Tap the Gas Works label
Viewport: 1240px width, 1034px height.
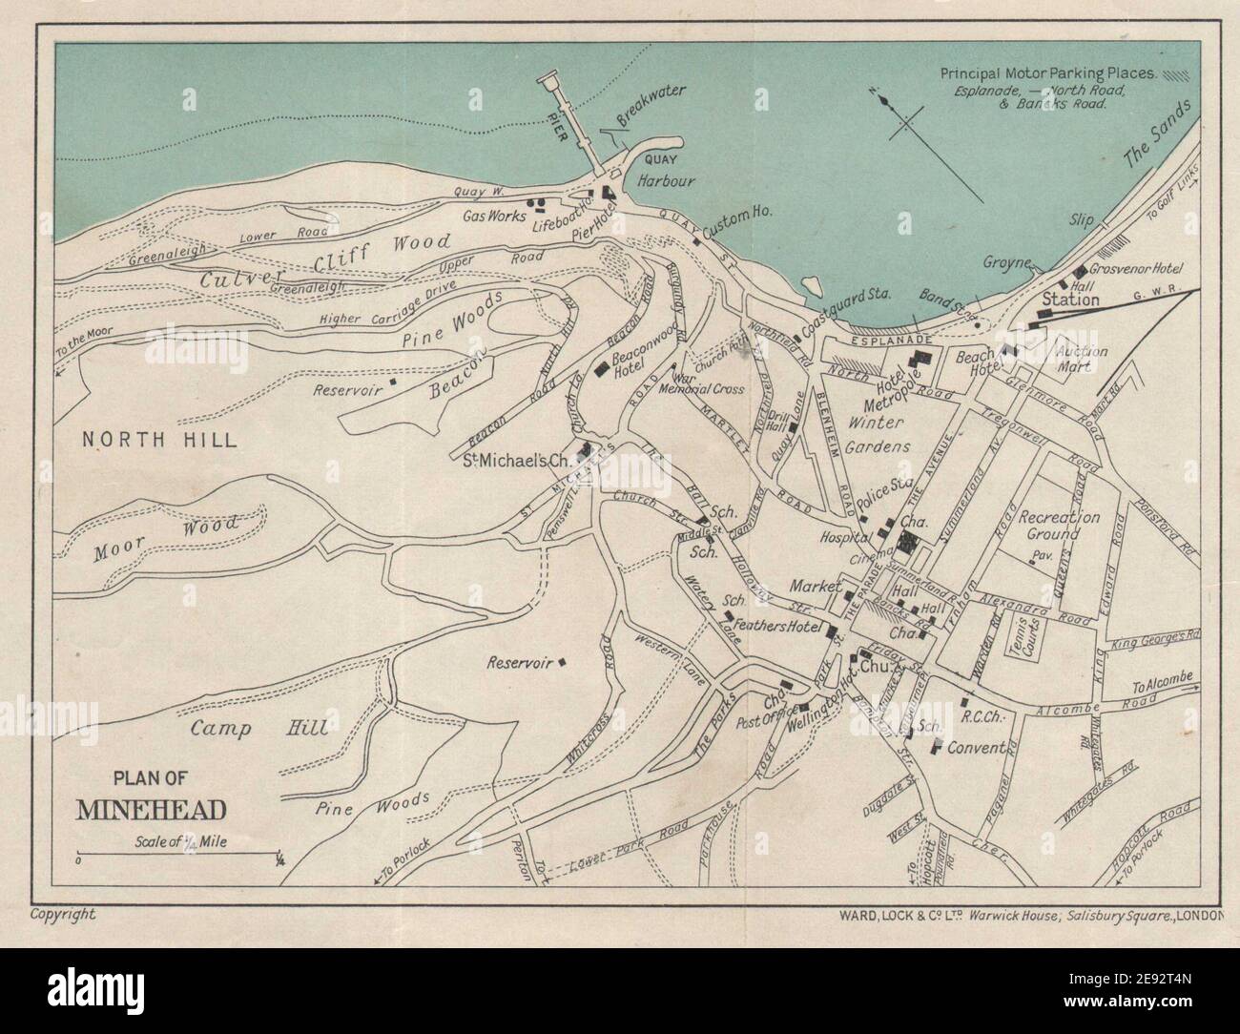click(x=494, y=217)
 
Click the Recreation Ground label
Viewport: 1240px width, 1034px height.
click(x=1059, y=526)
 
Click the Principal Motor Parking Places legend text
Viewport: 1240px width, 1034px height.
click(x=1048, y=72)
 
